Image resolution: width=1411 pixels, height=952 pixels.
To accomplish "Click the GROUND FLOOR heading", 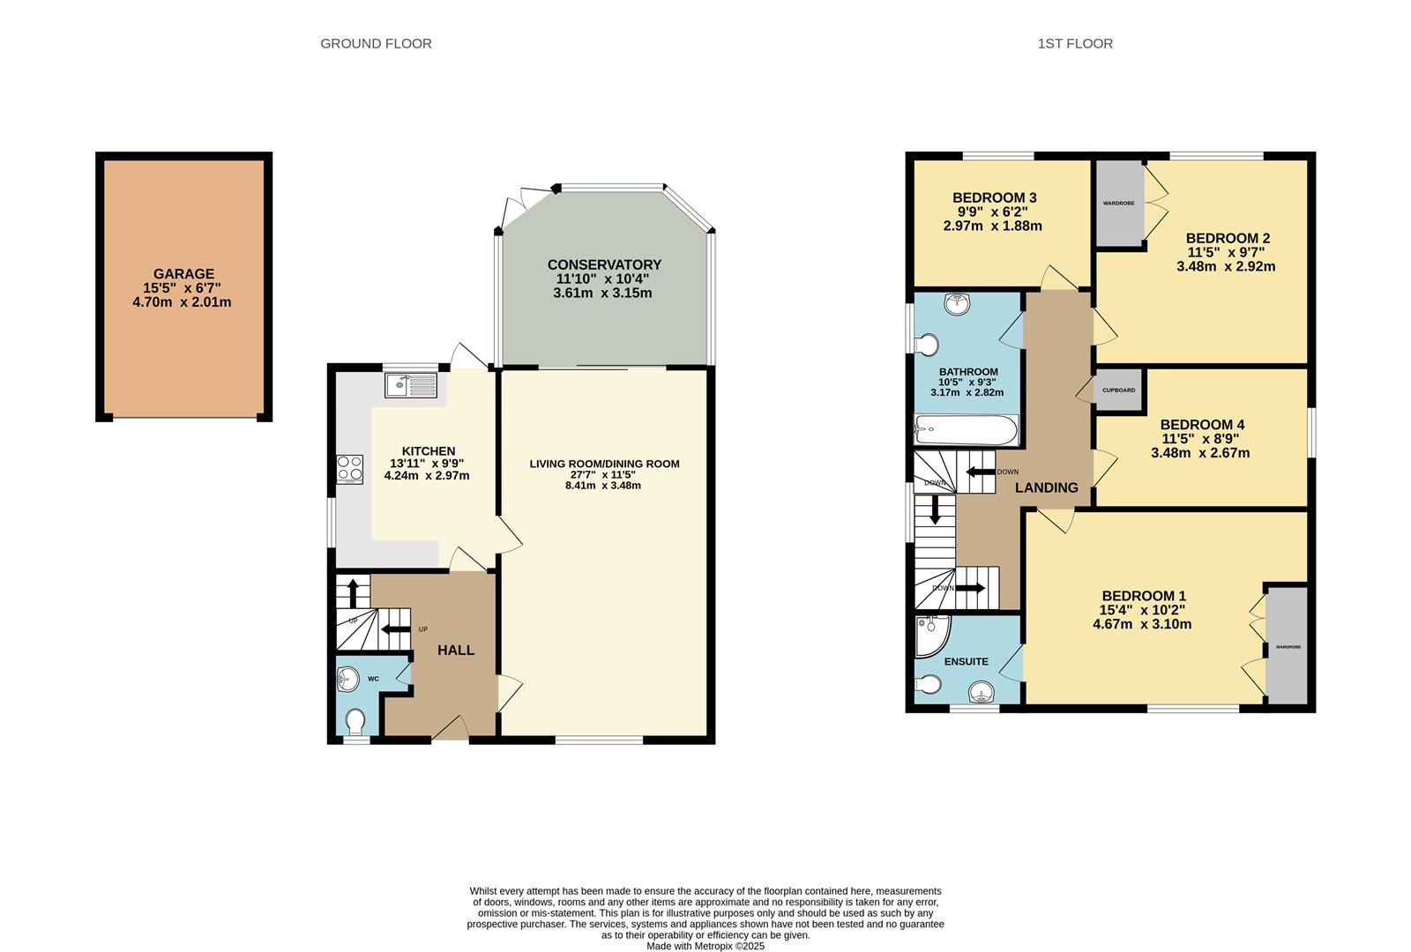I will point(376,43).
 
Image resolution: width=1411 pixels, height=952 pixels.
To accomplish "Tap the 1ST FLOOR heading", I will point(1075,43).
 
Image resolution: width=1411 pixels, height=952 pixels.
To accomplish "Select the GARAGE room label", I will point(183,274).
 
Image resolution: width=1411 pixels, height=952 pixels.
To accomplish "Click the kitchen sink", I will point(410,385).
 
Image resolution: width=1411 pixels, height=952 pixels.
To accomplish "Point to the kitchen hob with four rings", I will point(349,469).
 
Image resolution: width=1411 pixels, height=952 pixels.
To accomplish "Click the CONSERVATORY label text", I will point(604,264).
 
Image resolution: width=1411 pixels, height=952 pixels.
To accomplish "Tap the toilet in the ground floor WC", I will point(355,722).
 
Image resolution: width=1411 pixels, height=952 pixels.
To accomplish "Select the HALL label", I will point(456,651).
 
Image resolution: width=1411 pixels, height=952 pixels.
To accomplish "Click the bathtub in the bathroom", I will point(966,431).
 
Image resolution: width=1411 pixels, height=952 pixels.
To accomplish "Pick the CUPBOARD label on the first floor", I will point(1118,390).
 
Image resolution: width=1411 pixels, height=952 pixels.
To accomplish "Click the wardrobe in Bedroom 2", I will point(1118,204).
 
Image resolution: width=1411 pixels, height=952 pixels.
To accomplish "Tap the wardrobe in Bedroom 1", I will point(1287,647).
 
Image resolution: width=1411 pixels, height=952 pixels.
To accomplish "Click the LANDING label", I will point(1046,487).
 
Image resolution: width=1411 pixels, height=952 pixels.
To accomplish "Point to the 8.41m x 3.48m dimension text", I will point(603,486).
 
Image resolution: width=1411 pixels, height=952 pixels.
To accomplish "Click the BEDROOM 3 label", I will point(994,197).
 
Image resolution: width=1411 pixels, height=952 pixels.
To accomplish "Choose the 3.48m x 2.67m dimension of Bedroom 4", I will point(1200,453).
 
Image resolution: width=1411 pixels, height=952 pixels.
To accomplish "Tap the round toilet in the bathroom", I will point(928,345).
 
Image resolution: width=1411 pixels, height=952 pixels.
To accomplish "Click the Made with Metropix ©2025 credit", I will point(705,946).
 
